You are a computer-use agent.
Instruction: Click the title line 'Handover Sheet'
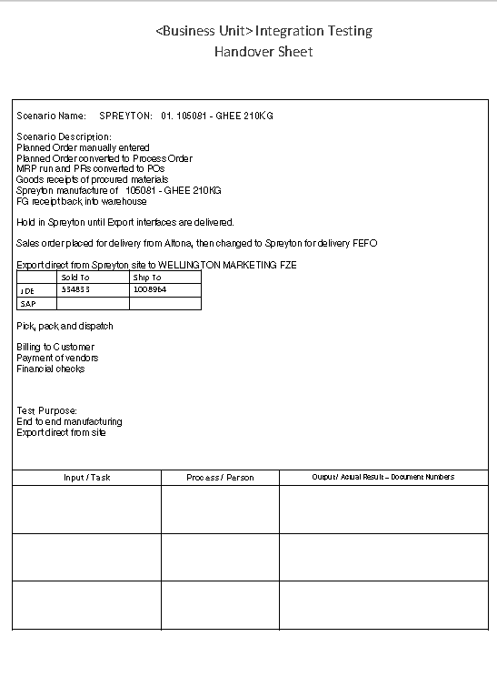click(x=263, y=52)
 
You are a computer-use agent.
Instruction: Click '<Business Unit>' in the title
click(x=204, y=31)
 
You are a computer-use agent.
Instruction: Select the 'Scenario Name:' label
click(x=52, y=116)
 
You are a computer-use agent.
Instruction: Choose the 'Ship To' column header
click(x=147, y=278)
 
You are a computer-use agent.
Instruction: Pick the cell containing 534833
click(x=76, y=289)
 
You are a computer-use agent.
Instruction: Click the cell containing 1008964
click(x=149, y=289)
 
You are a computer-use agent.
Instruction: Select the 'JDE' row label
click(x=27, y=291)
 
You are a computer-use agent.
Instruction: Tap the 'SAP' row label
click(x=27, y=304)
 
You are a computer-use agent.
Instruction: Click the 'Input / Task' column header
click(x=87, y=478)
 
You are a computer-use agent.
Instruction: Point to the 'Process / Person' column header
click(x=220, y=478)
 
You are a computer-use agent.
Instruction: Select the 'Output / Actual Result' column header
click(x=383, y=478)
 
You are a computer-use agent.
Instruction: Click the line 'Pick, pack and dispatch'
click(x=65, y=326)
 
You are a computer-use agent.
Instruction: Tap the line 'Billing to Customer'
click(x=55, y=347)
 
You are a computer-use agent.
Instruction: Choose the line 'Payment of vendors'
click(x=57, y=358)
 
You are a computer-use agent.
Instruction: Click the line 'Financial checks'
click(x=51, y=369)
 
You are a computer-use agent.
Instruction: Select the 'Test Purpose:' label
click(x=47, y=410)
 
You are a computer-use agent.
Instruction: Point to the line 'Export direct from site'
click(x=61, y=432)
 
